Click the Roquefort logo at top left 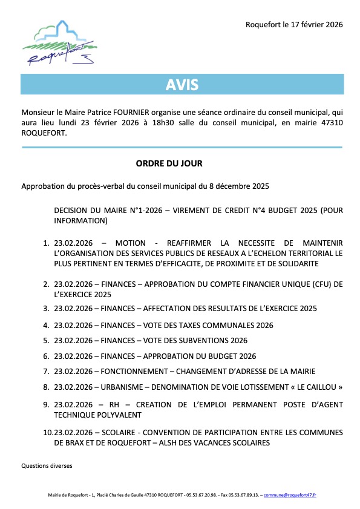click(x=59, y=43)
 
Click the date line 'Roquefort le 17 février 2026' click(x=294, y=25)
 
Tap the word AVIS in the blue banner click(x=182, y=85)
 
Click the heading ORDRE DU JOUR click(x=169, y=163)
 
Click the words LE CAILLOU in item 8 click(x=320, y=387)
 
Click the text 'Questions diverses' click(x=47, y=466)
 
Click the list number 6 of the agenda click(x=46, y=356)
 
